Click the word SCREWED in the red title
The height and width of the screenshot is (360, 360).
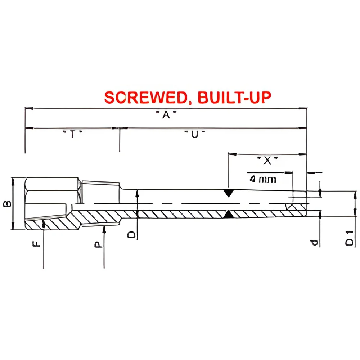[x=146, y=97]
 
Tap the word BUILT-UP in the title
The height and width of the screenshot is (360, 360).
[x=234, y=97]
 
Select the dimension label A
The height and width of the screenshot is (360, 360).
[x=166, y=114]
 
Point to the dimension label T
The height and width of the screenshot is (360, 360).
[x=73, y=134]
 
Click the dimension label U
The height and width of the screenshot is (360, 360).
[x=195, y=134]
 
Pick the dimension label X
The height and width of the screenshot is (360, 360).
[x=267, y=161]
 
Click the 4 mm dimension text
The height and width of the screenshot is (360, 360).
[x=263, y=179]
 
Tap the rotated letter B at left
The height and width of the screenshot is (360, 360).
[x=7, y=203]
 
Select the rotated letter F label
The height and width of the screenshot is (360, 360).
[x=36, y=244]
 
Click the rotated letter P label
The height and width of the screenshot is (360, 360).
[x=98, y=244]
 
